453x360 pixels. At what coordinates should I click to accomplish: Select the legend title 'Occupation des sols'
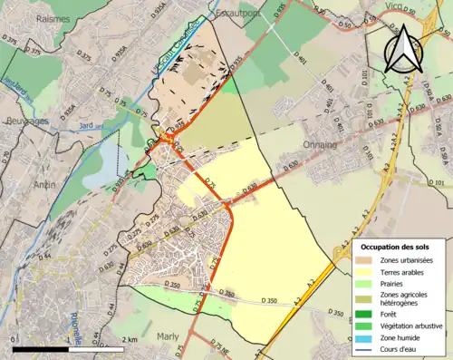(399, 247)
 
